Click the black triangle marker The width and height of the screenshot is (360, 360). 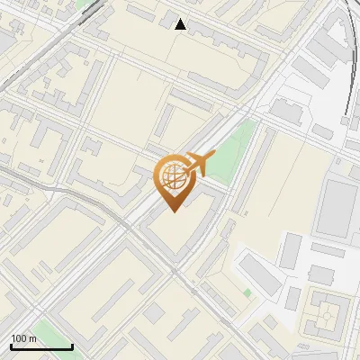181,24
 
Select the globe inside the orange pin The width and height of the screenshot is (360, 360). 171,177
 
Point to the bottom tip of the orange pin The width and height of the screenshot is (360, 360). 172,212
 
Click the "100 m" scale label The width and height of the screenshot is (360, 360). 23,338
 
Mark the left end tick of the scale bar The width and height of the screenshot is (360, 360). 11,346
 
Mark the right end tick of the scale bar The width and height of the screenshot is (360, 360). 72,346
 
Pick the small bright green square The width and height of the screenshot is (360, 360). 247,292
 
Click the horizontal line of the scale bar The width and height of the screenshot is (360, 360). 41,346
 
